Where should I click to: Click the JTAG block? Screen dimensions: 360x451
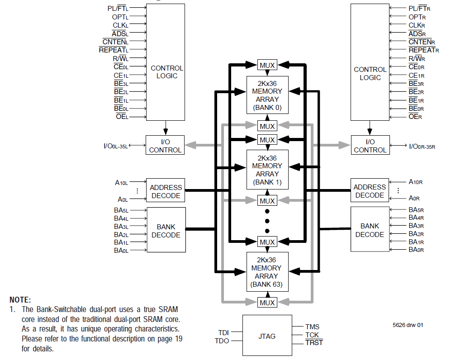tap(267, 336)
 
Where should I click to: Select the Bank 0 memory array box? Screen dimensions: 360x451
tap(267, 95)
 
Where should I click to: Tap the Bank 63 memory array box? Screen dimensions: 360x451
tap(267, 271)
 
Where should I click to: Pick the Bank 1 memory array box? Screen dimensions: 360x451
tap(267, 170)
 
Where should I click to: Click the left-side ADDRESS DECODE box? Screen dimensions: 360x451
tap(166, 191)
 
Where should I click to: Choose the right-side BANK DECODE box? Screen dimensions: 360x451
tap(370, 230)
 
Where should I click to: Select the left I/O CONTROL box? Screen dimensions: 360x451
tap(165, 146)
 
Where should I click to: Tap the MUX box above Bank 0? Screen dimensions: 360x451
tap(267, 65)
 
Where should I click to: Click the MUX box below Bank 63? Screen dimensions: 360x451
tap(267, 302)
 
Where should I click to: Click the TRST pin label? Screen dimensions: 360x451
tap(314, 343)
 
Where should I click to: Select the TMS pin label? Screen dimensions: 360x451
tap(312, 327)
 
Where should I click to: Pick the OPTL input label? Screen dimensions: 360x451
tap(120, 17)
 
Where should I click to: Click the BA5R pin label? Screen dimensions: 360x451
tap(416, 209)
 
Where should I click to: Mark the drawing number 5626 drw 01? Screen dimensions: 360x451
tap(408, 325)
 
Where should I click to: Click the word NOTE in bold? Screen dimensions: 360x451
tap(20, 300)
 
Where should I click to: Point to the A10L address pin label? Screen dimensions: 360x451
tap(122, 183)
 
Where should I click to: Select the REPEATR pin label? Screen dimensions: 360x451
tap(423, 50)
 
